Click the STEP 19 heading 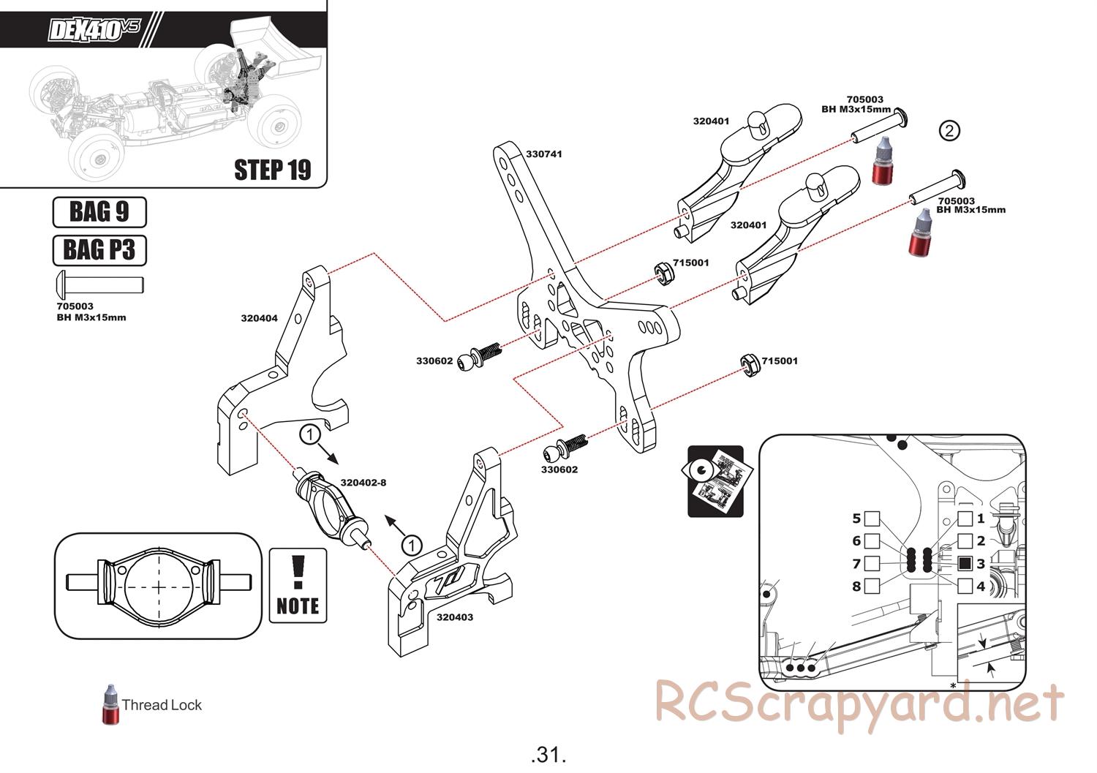click(272, 170)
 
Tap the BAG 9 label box click(99, 212)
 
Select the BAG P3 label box click(99, 250)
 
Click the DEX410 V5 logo click(93, 30)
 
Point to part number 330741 click(544, 154)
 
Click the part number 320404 click(259, 318)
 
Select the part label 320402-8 click(363, 482)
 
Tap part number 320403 click(454, 617)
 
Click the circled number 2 click(949, 131)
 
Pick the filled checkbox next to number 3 click(965, 563)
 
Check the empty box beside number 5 click(871, 519)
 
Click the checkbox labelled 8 click(871, 586)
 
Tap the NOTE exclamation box click(298, 586)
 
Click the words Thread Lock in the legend click(161, 705)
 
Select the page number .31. click(548, 754)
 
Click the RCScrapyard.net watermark click(859, 705)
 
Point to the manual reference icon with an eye click(715, 481)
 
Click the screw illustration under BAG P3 click(99, 283)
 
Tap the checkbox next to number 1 click(965, 519)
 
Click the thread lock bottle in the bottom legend click(110, 705)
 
